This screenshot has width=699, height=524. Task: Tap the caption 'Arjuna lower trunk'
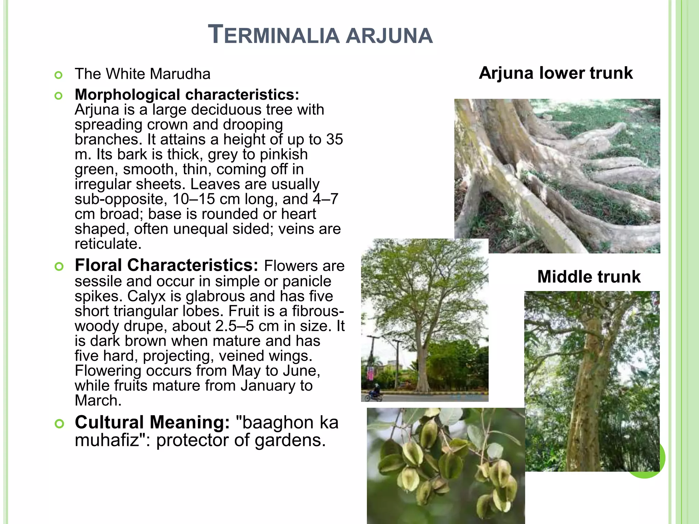(556, 73)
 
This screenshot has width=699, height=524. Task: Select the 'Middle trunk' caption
(589, 276)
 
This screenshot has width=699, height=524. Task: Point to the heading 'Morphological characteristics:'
(187, 94)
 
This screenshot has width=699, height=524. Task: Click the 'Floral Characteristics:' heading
(167, 265)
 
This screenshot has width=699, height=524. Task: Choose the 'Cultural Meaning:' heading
(152, 422)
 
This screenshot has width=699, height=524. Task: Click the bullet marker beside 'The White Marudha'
(59, 75)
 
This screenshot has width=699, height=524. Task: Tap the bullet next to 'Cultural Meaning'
(59, 424)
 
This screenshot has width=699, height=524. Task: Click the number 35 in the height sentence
(334, 139)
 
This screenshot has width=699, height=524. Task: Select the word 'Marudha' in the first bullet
(180, 74)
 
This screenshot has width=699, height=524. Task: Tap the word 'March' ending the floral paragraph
(98, 401)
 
